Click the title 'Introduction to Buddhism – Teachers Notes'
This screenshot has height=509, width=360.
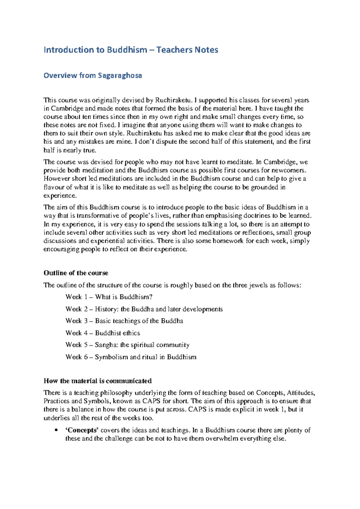pos(131,50)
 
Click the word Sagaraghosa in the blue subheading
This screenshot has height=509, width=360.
pos(120,76)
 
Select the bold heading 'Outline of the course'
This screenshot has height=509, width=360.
pos(76,273)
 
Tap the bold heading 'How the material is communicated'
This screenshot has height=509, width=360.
pos(97,381)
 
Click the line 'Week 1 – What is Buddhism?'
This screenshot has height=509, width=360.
pos(109,297)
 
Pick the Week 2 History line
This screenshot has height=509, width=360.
pos(144,309)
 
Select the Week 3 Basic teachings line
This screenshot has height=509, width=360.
pos(124,321)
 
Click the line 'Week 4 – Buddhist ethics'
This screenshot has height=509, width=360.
pos(103,333)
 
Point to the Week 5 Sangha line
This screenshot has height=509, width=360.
pos(127,345)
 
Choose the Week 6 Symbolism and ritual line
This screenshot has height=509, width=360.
pos(131,357)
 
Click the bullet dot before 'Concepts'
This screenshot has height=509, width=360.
pos(56,430)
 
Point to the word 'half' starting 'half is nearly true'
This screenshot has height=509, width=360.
pos(49,150)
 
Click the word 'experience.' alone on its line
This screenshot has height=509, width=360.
pos(60,196)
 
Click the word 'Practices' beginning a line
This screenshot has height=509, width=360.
pos(56,401)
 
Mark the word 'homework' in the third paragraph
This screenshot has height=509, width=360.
pos(228,241)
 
